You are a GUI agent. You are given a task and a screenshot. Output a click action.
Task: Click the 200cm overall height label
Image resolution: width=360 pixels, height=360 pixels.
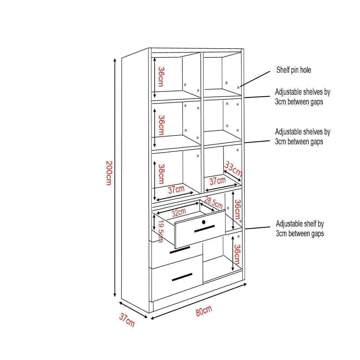click(109, 173)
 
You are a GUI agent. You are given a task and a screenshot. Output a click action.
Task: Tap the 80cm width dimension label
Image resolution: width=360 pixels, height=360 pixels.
click(204, 311)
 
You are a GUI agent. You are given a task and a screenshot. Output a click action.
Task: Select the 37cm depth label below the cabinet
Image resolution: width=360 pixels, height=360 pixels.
click(127, 320)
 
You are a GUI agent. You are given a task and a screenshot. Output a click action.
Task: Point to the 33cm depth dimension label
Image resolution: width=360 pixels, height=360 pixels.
click(233, 169)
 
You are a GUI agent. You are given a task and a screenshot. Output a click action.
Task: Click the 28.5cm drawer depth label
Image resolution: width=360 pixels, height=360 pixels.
click(214, 203)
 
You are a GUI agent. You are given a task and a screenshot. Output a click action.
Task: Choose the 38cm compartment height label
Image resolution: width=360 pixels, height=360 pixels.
click(161, 174)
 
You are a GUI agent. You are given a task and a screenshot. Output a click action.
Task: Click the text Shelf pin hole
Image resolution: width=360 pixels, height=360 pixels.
click(294, 70)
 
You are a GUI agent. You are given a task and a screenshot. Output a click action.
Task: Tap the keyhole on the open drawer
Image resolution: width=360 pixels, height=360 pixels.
click(204, 222)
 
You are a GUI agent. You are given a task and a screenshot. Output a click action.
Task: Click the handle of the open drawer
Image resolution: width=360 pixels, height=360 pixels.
click(204, 229)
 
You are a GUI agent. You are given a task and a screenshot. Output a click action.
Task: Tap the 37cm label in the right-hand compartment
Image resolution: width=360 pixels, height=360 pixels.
click(218, 181)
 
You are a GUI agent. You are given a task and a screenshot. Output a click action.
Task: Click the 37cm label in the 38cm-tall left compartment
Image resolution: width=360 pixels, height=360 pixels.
click(176, 190)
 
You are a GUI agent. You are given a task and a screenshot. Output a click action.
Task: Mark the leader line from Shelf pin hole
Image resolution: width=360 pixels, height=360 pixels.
click(255, 79)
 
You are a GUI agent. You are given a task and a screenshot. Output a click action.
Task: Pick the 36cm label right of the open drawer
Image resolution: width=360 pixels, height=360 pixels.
click(237, 209)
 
